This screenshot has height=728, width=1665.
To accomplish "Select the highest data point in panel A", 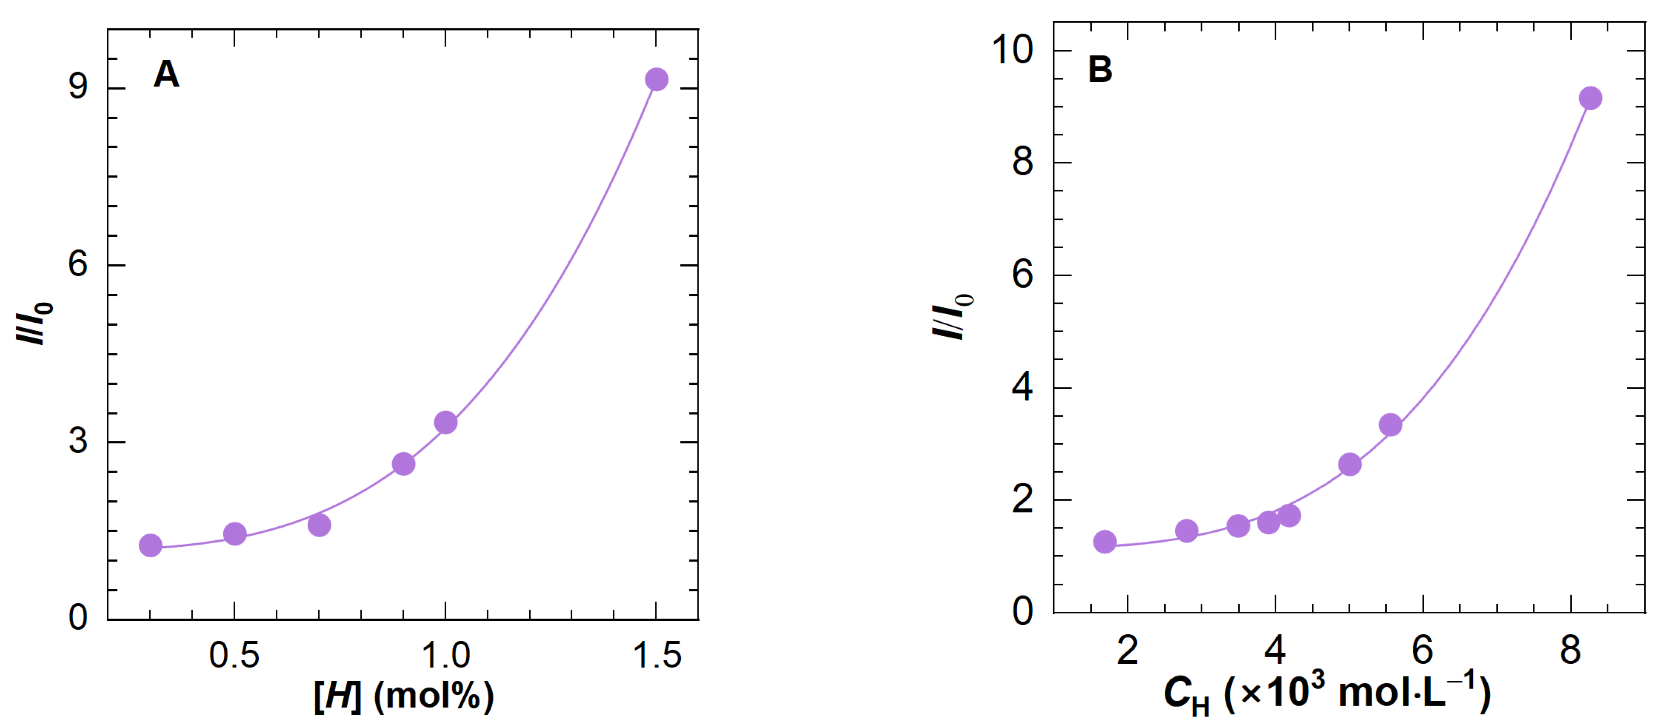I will pyautogui.click(x=656, y=80).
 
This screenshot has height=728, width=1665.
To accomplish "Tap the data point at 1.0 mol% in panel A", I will pyautogui.click(x=445, y=422).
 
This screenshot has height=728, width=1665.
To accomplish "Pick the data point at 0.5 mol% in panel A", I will pyautogui.click(x=235, y=533).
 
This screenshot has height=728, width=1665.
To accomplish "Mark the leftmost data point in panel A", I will pyautogui.click(x=150, y=545).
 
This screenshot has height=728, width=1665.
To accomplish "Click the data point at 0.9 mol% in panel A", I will pyautogui.click(x=403, y=464).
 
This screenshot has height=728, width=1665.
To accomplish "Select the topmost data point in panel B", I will pyautogui.click(x=1590, y=98).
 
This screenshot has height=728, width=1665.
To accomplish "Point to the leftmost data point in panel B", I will pyautogui.click(x=1105, y=541).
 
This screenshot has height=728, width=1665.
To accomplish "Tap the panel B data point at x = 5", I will pyautogui.click(x=1350, y=464).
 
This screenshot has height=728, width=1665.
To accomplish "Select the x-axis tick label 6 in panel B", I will pyautogui.click(x=1423, y=650).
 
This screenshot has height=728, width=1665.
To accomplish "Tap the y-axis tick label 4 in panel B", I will pyautogui.click(x=1022, y=387).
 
